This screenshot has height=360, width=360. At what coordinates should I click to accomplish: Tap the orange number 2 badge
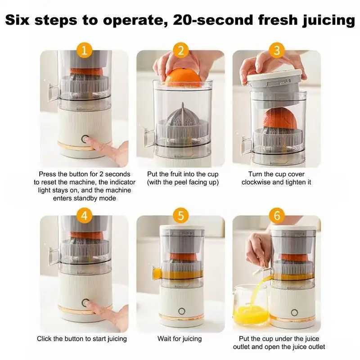180,49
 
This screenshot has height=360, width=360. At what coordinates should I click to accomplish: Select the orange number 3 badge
276,49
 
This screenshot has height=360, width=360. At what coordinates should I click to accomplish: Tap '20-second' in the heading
212,21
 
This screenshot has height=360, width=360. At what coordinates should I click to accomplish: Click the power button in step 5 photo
182,311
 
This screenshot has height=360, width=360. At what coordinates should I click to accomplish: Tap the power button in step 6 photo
294,312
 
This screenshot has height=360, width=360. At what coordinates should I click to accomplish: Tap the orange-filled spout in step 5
157,273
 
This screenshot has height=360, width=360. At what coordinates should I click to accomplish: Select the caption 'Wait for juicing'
180,338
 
